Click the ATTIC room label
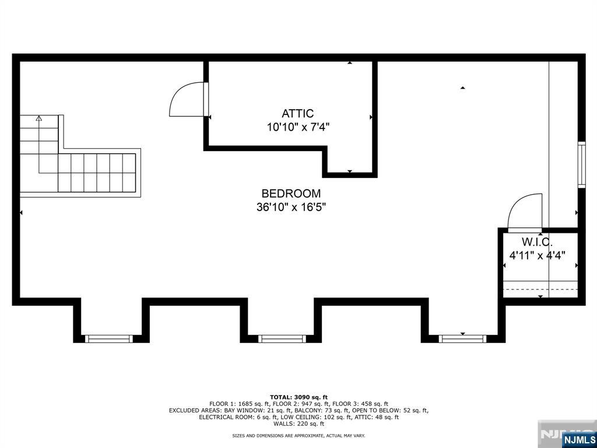coord(297,114)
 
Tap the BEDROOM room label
coord(290,194)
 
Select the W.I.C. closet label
coord(536,242)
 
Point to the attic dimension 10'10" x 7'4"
coord(298,127)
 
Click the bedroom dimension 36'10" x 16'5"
coord(291,207)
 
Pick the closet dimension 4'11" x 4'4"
coord(537,255)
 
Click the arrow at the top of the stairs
coord(39,118)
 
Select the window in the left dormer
coord(109,338)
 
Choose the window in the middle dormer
coord(282,338)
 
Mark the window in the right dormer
coord(462,338)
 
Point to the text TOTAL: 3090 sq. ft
coord(298,397)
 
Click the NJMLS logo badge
coord(579,439)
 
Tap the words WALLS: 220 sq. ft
coord(298,424)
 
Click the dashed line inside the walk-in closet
coord(540,289)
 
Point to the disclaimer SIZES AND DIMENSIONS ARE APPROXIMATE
coord(298,436)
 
